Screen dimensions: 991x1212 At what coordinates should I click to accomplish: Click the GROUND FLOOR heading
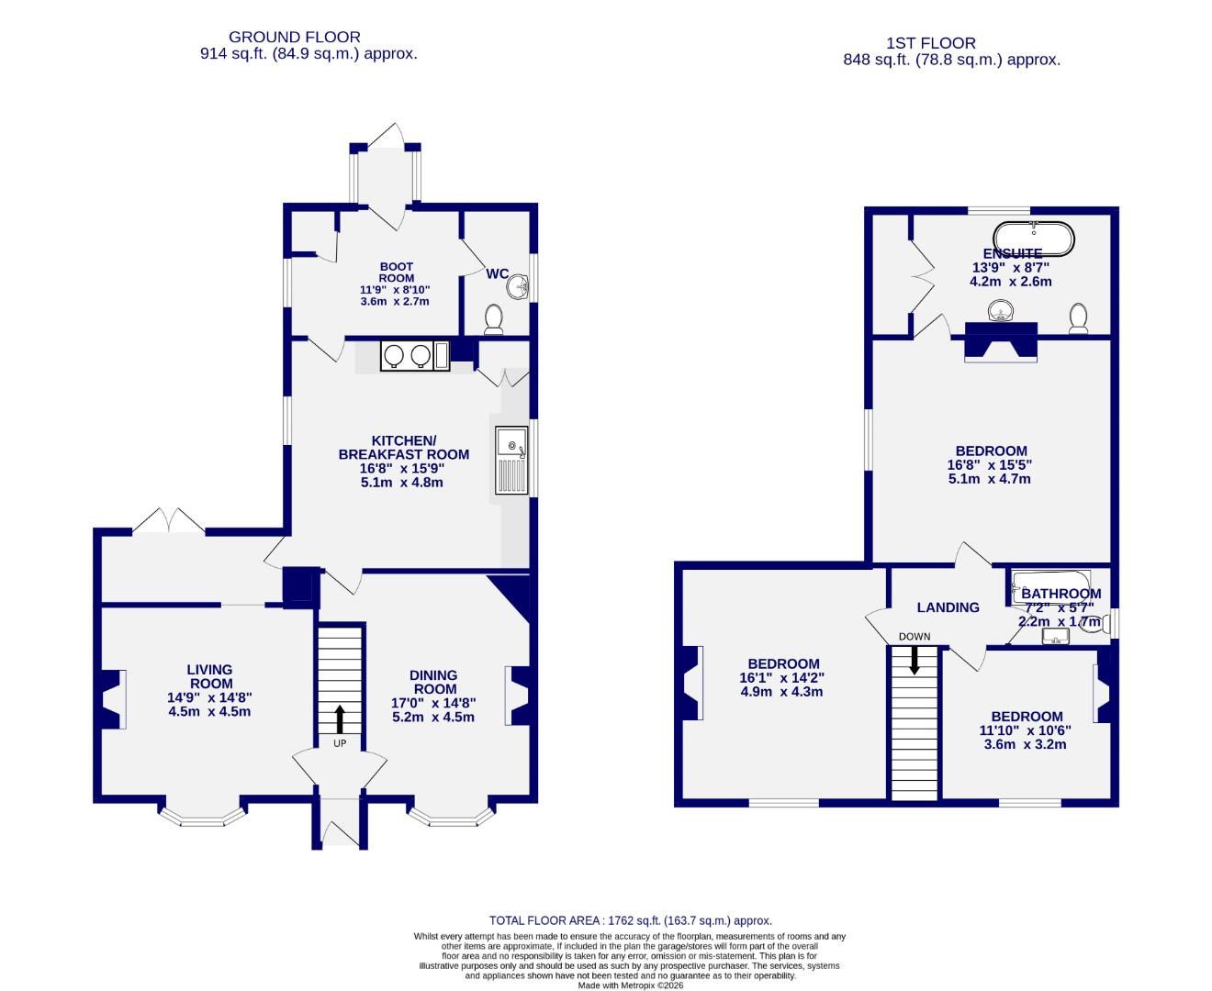pyautogui.click(x=294, y=37)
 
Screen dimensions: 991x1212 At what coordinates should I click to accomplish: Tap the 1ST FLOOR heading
pyautogui.click(x=931, y=43)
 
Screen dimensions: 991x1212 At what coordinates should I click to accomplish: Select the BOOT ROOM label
pyautogui.click(x=397, y=273)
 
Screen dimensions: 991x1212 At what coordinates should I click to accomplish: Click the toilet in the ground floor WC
pyautogui.click(x=494, y=318)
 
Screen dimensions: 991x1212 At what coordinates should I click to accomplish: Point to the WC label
pyautogui.click(x=497, y=273)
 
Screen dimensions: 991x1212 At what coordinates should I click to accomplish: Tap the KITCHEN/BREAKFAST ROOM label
pyautogui.click(x=403, y=447)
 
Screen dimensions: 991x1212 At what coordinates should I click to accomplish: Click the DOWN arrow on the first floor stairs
pyautogui.click(x=914, y=660)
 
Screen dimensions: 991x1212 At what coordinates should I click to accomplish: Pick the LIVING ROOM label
pyautogui.click(x=210, y=676)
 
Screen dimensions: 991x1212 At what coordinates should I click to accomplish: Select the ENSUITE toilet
pyautogui.click(x=1079, y=318)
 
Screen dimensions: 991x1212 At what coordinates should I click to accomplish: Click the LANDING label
pyautogui.click(x=948, y=607)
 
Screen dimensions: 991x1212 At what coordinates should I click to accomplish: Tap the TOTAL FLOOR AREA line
pyautogui.click(x=630, y=920)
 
